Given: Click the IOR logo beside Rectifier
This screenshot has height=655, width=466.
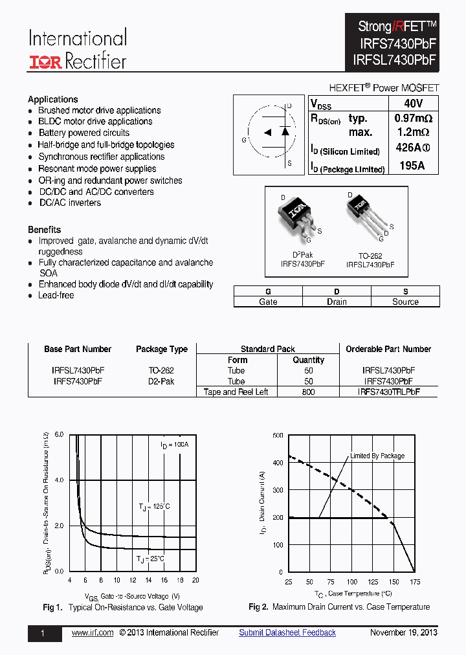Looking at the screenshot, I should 45,62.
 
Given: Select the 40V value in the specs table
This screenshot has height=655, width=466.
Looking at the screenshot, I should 412,104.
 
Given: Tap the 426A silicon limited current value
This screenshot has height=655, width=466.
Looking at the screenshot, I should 412,148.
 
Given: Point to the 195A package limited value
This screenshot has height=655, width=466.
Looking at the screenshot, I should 412,166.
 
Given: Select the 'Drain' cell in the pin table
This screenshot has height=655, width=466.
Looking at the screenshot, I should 337,302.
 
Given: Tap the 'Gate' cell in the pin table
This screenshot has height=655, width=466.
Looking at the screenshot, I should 268,302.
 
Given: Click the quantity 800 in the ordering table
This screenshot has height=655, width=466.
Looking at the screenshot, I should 308,392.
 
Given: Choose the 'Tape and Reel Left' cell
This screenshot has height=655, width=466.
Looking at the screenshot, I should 236,392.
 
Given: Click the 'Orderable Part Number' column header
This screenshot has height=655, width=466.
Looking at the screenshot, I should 388,349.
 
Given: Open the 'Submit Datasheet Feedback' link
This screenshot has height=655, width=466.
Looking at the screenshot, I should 287,632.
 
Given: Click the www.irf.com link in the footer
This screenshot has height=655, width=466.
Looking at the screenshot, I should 92,632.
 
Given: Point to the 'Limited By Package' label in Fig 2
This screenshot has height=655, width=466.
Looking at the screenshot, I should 377,456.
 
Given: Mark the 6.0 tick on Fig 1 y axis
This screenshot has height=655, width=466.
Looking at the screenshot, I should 59,434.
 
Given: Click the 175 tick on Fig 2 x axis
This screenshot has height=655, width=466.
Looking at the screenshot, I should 415,582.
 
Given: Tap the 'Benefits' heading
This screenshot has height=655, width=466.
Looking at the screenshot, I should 45,230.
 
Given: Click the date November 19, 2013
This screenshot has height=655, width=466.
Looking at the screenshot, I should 403,632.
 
